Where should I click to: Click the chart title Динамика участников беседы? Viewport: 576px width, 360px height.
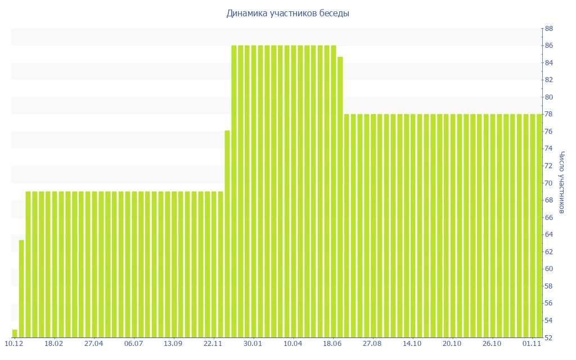pos(287,13)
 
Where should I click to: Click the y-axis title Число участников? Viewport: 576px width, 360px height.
pos(561,183)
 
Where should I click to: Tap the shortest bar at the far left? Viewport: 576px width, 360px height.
pos(15,334)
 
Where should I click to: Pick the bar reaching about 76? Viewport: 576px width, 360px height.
pos(227,234)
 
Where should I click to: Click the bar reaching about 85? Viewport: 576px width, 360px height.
pos(340,197)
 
